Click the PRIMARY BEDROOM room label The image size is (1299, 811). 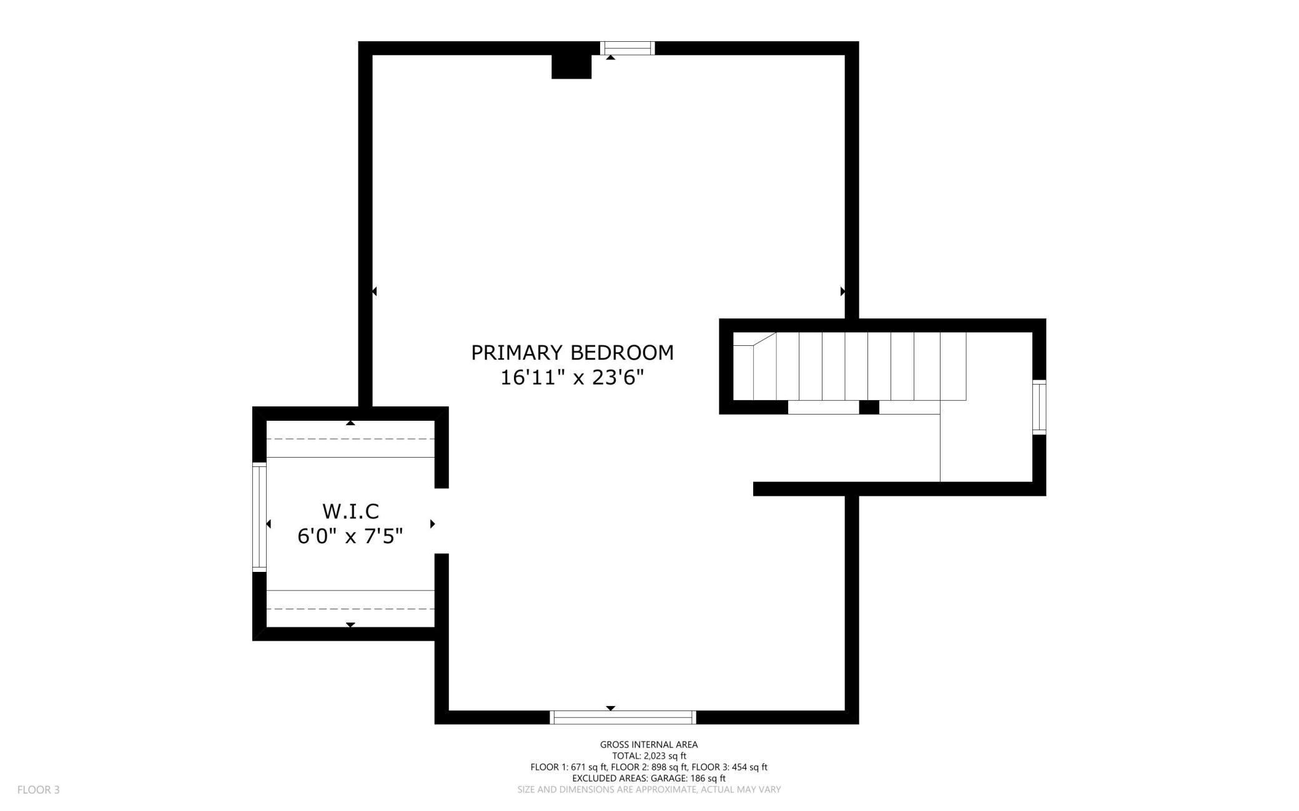coord(572,353)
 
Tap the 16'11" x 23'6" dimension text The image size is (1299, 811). coord(572,378)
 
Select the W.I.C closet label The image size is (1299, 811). coord(350,511)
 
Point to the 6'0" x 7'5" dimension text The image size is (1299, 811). coord(350,536)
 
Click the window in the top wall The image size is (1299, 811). coord(628,48)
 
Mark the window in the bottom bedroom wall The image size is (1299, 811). coord(623,717)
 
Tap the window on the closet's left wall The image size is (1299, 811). coord(259,516)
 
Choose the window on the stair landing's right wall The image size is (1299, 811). coord(1039,407)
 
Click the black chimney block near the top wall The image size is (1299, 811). coord(571,67)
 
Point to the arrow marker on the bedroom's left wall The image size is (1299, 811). coord(374,292)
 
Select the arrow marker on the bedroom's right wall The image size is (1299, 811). coord(842,292)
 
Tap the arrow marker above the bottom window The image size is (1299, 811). coord(611,708)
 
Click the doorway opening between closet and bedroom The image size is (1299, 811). coord(442,521)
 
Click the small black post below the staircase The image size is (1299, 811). coord(869,407)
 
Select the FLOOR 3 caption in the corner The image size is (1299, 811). coord(39,790)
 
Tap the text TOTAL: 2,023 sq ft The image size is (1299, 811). coord(649,756)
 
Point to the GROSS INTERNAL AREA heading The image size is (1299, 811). coord(649,744)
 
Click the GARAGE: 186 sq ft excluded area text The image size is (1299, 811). coord(688,779)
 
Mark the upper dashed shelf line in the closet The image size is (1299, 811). coord(350,439)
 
